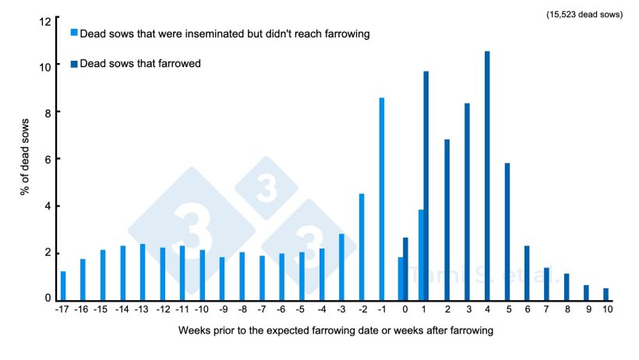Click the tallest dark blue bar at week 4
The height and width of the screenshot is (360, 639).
[487, 176]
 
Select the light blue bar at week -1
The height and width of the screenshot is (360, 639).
[382, 199]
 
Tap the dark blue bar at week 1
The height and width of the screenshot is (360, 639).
[426, 185]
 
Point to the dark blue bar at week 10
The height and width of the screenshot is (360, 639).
[605, 294]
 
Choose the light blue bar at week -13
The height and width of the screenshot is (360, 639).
[143, 272]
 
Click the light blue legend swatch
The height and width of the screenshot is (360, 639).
[74, 33]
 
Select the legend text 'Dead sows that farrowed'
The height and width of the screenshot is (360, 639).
[140, 63]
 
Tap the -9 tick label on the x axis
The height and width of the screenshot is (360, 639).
[222, 309]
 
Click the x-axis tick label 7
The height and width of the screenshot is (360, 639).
[546, 309]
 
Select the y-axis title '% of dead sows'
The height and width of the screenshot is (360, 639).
[26, 159]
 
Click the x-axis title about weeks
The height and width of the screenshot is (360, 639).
[336, 330]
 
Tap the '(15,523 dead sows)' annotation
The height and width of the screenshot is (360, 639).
[584, 15]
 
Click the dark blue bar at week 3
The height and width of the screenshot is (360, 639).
[467, 202]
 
